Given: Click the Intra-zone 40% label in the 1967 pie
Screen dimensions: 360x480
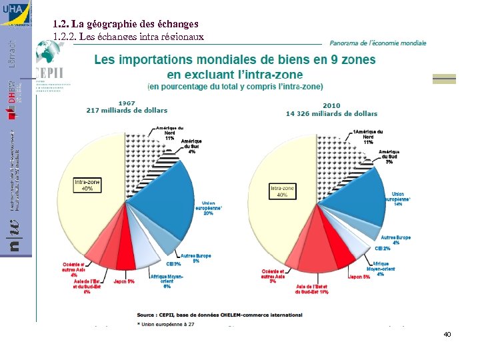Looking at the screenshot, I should click(88, 185).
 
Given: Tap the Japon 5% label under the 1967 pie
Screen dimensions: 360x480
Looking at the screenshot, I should click(124, 281).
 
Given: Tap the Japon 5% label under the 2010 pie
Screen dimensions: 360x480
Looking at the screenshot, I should click(357, 277).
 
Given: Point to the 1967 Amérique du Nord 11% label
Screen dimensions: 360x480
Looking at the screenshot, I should click(169, 132).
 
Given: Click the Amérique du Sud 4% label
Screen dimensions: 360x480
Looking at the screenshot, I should click(192, 147).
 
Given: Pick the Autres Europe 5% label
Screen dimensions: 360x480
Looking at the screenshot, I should click(196, 258).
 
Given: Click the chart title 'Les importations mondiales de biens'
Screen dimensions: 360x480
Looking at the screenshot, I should click(235, 61).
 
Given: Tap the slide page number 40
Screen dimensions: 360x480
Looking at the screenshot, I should click(447, 334).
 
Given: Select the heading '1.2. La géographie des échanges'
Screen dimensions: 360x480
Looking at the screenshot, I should click(125, 24).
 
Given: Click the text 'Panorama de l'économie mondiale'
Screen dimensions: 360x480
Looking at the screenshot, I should click(378, 43).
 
